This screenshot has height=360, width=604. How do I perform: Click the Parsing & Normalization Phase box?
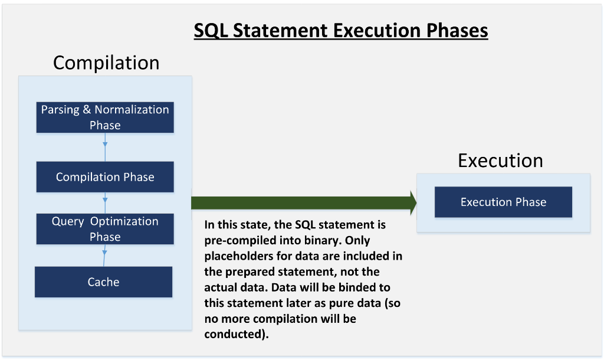pyautogui.click(x=105, y=117)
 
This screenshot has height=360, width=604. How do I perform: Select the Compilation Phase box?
pyautogui.click(x=105, y=177)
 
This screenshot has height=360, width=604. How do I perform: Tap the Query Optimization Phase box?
pyautogui.click(x=105, y=229)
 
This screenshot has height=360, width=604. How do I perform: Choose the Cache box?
pyautogui.click(x=104, y=282)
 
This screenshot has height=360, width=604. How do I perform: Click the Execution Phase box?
pyautogui.click(x=504, y=202)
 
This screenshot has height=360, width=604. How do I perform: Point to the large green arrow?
pyautogui.click(x=304, y=203)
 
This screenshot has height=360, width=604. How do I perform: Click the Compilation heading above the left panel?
pyautogui.click(x=106, y=63)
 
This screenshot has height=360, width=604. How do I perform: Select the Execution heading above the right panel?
pyautogui.click(x=500, y=161)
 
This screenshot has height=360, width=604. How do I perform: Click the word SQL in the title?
pyautogui.click(x=211, y=31)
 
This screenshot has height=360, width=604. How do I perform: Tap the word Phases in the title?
pyautogui.click(x=457, y=31)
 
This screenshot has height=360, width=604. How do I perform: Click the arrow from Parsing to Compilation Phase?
pyautogui.click(x=105, y=147)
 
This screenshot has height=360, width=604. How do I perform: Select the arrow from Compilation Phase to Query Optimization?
pyautogui.click(x=105, y=203)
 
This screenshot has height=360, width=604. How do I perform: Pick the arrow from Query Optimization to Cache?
pyautogui.click(x=104, y=255)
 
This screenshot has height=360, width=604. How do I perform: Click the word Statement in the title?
pyautogui.click(x=280, y=31)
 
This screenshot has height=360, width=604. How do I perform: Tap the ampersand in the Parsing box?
pyautogui.click(x=87, y=110)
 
